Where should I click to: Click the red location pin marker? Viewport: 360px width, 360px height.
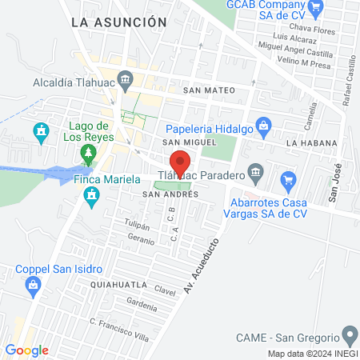pos(180,162)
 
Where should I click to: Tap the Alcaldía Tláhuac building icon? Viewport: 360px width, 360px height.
pos(125,79)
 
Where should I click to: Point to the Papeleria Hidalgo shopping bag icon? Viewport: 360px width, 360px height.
pos(266,125)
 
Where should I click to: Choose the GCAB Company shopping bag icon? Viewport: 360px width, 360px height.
pos(316,10)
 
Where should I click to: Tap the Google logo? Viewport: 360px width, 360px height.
pos(27,350)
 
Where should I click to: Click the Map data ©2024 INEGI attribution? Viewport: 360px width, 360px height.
pos(313,354)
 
